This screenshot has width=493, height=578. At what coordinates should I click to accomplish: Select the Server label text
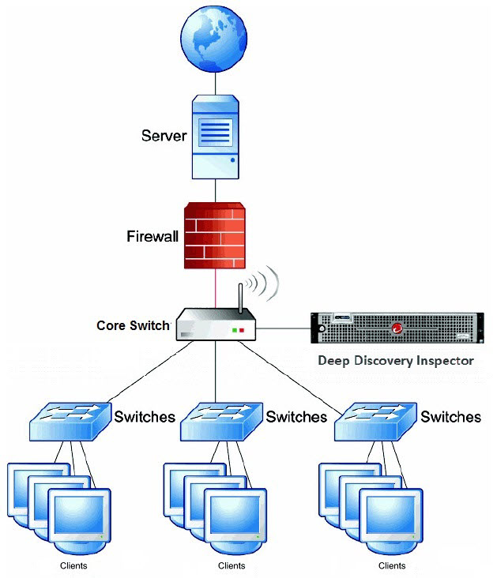tap(164, 135)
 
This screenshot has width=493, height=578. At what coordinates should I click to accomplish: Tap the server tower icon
tap(215, 134)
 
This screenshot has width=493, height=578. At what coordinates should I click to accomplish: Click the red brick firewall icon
tap(216, 235)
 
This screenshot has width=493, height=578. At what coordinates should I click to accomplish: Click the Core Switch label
tap(133, 325)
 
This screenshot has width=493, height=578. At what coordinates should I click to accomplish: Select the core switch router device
tap(216, 325)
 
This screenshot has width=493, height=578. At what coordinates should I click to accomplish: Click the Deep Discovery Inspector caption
tap(395, 361)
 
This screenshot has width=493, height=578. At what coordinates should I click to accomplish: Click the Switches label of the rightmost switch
tap(450, 416)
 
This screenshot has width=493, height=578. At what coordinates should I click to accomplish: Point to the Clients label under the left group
tap(73, 565)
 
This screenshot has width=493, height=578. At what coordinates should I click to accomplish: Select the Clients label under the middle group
tap(231, 565)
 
